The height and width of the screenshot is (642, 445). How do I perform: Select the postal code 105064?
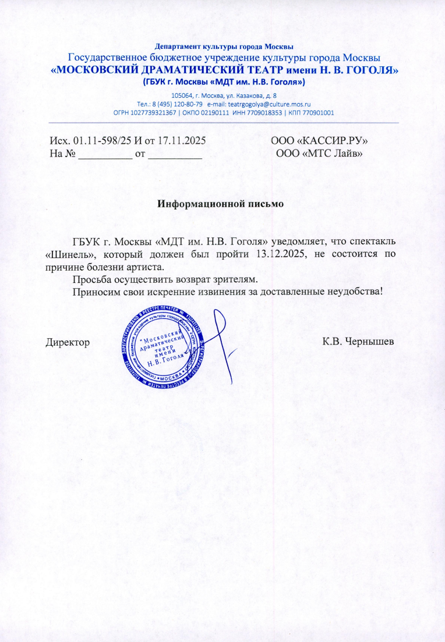click(x=182, y=95)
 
